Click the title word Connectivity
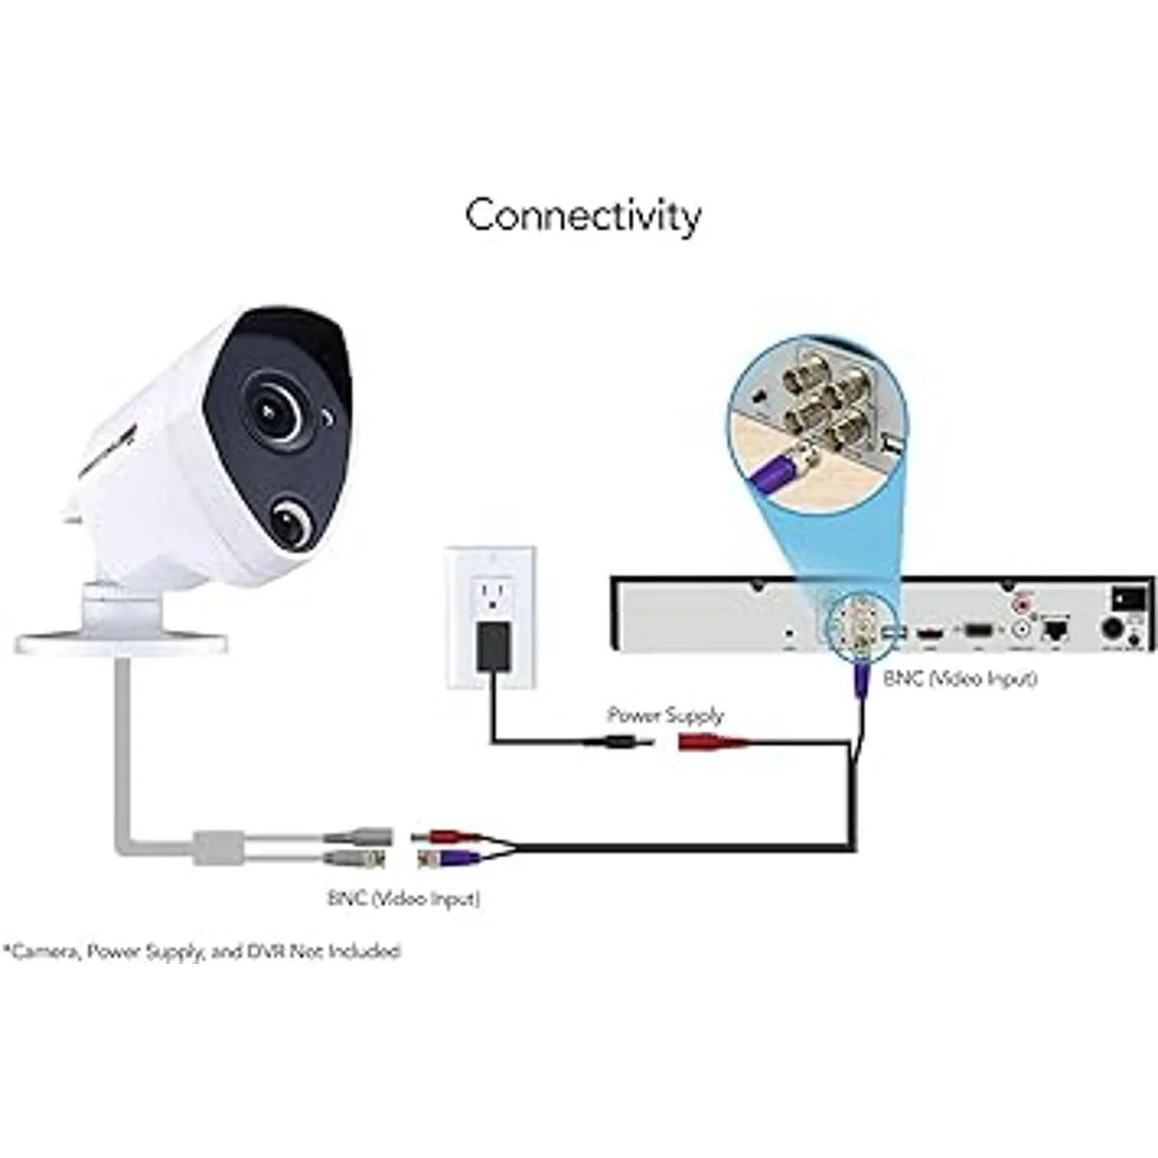[583, 217]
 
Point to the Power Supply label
[665, 715]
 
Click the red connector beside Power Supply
[715, 743]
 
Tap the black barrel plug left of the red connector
[621, 743]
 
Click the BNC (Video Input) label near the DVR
[960, 679]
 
